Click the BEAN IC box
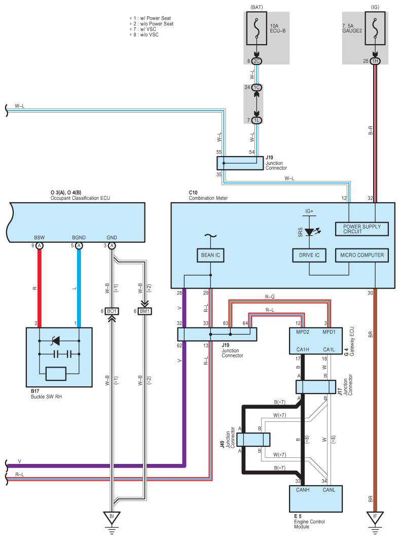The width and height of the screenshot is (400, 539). pyautogui.click(x=210, y=255)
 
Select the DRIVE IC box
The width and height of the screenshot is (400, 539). pyautogui.click(x=309, y=255)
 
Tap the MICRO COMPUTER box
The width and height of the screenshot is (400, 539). pyautogui.click(x=362, y=255)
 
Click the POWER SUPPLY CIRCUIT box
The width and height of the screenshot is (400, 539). pyautogui.click(x=362, y=229)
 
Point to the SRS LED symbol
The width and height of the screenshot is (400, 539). pyautogui.click(x=310, y=232)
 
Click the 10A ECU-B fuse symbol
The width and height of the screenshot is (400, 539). pyautogui.click(x=257, y=28)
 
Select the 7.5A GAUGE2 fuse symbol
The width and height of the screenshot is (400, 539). pyautogui.click(x=375, y=28)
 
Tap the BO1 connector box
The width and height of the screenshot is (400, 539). pyautogui.click(x=112, y=311)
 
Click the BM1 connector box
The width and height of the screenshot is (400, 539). pyautogui.click(x=144, y=311)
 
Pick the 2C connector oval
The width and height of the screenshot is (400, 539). pyautogui.click(x=257, y=61)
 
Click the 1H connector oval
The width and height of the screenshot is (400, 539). pyautogui.click(x=375, y=61)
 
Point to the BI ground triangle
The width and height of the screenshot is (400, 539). pyautogui.click(x=112, y=517)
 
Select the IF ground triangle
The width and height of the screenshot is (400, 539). pyautogui.click(x=375, y=517)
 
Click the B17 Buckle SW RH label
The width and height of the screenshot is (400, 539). pyautogui.click(x=46, y=394)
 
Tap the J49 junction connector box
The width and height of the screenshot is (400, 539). pyautogui.click(x=253, y=440)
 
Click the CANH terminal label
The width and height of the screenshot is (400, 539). pyautogui.click(x=302, y=490)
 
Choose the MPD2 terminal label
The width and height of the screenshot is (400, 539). pyautogui.click(x=302, y=332)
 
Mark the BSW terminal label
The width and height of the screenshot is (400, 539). pyautogui.click(x=39, y=237)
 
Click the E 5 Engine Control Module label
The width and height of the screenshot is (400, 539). pyautogui.click(x=309, y=521)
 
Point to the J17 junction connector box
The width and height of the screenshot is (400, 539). pyautogui.click(x=316, y=387)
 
